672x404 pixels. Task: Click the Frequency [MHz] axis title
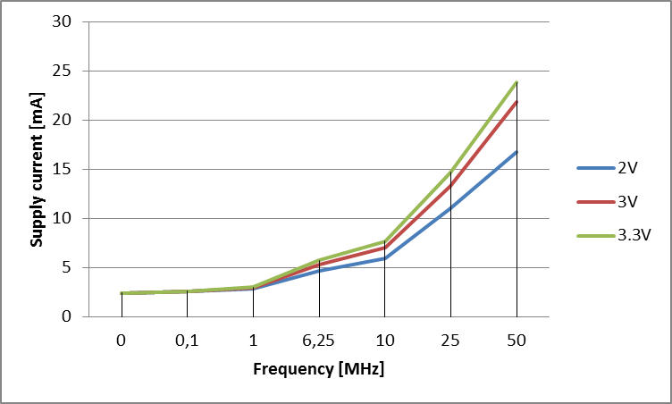319,369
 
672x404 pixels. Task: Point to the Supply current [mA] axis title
38,170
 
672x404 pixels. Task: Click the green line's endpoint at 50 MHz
517,82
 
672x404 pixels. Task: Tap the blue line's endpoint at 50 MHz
517,152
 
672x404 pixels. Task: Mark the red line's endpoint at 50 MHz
517,102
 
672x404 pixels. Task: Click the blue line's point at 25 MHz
450,208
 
